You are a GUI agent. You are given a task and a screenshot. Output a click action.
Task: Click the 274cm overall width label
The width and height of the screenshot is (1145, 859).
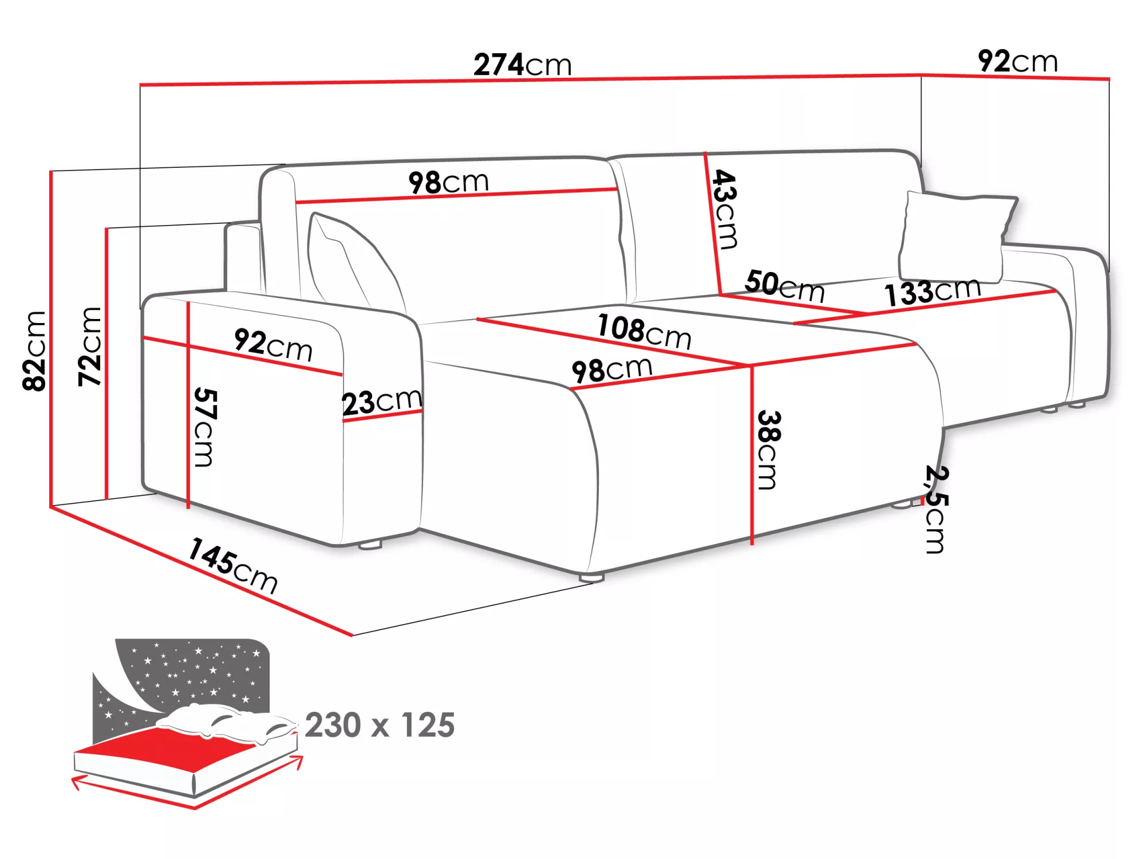[x=522, y=64]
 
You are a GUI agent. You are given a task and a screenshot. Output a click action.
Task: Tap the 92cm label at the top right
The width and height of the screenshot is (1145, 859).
[x=1017, y=61]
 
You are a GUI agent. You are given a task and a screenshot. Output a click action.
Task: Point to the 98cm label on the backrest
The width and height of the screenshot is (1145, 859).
[x=448, y=182]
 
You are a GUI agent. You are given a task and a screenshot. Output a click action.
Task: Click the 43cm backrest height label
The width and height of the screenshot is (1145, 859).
[x=725, y=209]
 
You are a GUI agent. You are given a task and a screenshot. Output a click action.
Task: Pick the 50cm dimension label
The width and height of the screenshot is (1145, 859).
[x=784, y=285]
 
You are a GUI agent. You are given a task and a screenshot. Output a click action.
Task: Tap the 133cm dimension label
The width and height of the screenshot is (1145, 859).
[x=932, y=291]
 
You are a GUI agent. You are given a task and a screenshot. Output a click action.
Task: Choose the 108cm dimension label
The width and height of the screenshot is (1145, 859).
[x=644, y=331]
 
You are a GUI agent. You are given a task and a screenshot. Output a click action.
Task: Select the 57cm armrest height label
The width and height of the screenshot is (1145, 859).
[x=205, y=427]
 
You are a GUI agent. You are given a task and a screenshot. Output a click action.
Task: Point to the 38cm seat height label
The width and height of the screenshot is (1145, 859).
[x=768, y=450]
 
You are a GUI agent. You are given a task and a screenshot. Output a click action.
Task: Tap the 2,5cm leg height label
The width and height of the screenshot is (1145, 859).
[x=936, y=509]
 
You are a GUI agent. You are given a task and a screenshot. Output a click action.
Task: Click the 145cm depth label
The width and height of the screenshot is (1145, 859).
[x=233, y=565]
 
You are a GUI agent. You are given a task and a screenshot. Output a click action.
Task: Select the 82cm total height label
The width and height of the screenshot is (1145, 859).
[x=34, y=350]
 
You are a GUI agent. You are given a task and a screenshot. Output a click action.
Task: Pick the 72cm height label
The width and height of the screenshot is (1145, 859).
[x=90, y=346]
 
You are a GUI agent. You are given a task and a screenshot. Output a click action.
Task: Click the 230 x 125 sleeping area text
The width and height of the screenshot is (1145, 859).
[x=380, y=725]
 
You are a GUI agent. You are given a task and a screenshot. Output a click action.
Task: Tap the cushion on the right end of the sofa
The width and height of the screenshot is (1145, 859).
[x=955, y=236]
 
